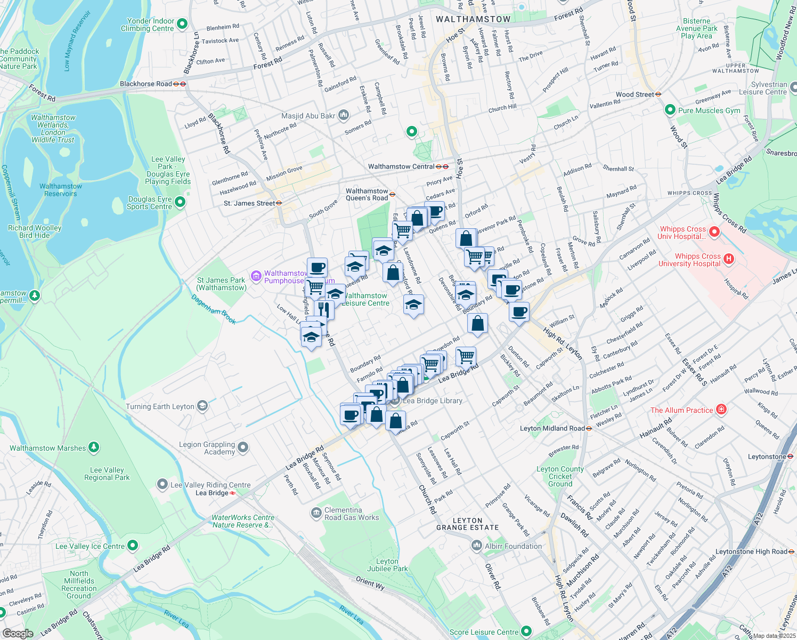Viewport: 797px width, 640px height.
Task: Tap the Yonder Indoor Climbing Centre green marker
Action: [182, 24]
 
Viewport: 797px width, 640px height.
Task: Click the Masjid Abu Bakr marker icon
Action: [344, 115]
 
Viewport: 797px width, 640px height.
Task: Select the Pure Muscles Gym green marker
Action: [670, 110]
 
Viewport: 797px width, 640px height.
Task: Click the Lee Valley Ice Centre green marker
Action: [133, 546]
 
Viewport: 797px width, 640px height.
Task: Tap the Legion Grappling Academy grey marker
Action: [243, 447]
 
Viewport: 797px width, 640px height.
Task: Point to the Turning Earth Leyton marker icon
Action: [202, 406]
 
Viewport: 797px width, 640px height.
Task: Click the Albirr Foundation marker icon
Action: [476, 546]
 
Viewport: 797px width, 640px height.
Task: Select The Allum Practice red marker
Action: [721, 410]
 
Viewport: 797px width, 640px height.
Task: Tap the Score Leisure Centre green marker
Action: [526, 632]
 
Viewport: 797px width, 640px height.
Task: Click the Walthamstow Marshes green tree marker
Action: [94, 447]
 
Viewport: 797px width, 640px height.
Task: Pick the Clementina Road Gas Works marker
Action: [316, 513]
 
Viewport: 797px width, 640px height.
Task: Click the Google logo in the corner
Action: [18, 633]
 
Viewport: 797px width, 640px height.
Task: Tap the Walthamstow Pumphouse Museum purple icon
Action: [256, 276]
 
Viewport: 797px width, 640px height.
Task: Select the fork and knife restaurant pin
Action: [324, 309]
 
